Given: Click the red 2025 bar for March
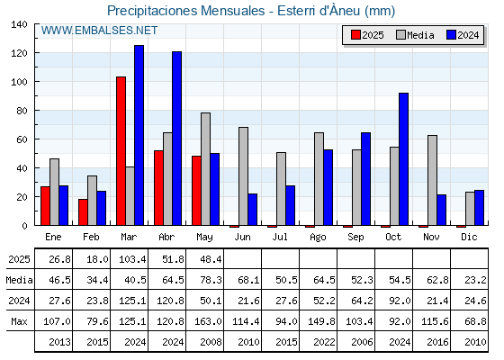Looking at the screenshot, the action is (121, 151).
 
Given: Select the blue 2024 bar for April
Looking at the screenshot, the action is (176, 139).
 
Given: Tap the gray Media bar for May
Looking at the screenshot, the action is (206, 169).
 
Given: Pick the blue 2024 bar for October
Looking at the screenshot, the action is (404, 159).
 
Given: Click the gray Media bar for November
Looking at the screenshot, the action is (432, 180).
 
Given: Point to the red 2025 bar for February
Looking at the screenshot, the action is (83, 212).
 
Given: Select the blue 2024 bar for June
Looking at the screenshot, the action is (253, 209).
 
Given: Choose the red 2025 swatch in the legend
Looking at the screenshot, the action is (355, 35).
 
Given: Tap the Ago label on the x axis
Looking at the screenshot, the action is (318, 238).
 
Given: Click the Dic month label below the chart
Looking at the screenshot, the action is (469, 237).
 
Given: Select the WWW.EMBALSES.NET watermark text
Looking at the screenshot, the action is (99, 31).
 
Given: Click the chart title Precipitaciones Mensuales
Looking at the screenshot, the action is (186, 11).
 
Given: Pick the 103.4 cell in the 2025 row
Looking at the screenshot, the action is (132, 259).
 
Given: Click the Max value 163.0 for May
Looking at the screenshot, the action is (208, 321).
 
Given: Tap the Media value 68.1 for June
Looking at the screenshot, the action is (248, 280).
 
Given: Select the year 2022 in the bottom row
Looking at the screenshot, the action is (324, 342).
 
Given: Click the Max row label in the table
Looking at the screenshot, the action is (19, 321).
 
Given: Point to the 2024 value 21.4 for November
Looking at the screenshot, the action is (437, 301).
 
